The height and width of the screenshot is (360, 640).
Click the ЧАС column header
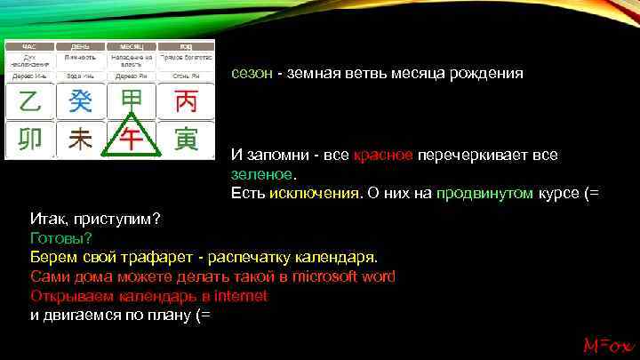click(29, 45)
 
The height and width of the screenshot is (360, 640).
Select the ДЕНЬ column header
click(81, 45)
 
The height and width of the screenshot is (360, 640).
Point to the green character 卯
click(29, 140)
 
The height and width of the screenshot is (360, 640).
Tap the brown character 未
click(81, 140)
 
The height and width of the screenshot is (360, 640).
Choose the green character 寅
click(186, 140)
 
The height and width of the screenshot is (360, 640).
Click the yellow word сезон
click(252, 75)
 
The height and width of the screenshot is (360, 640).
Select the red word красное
click(382, 156)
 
